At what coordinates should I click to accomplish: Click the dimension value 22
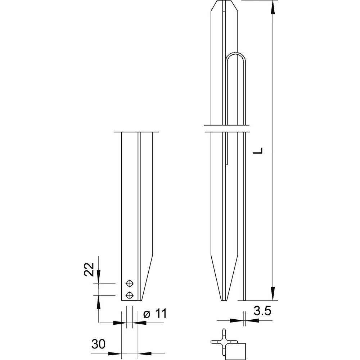[x=90, y=269]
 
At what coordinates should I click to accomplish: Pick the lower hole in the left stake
[x=129, y=296]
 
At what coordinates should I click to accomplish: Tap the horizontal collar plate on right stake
[x=227, y=129]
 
